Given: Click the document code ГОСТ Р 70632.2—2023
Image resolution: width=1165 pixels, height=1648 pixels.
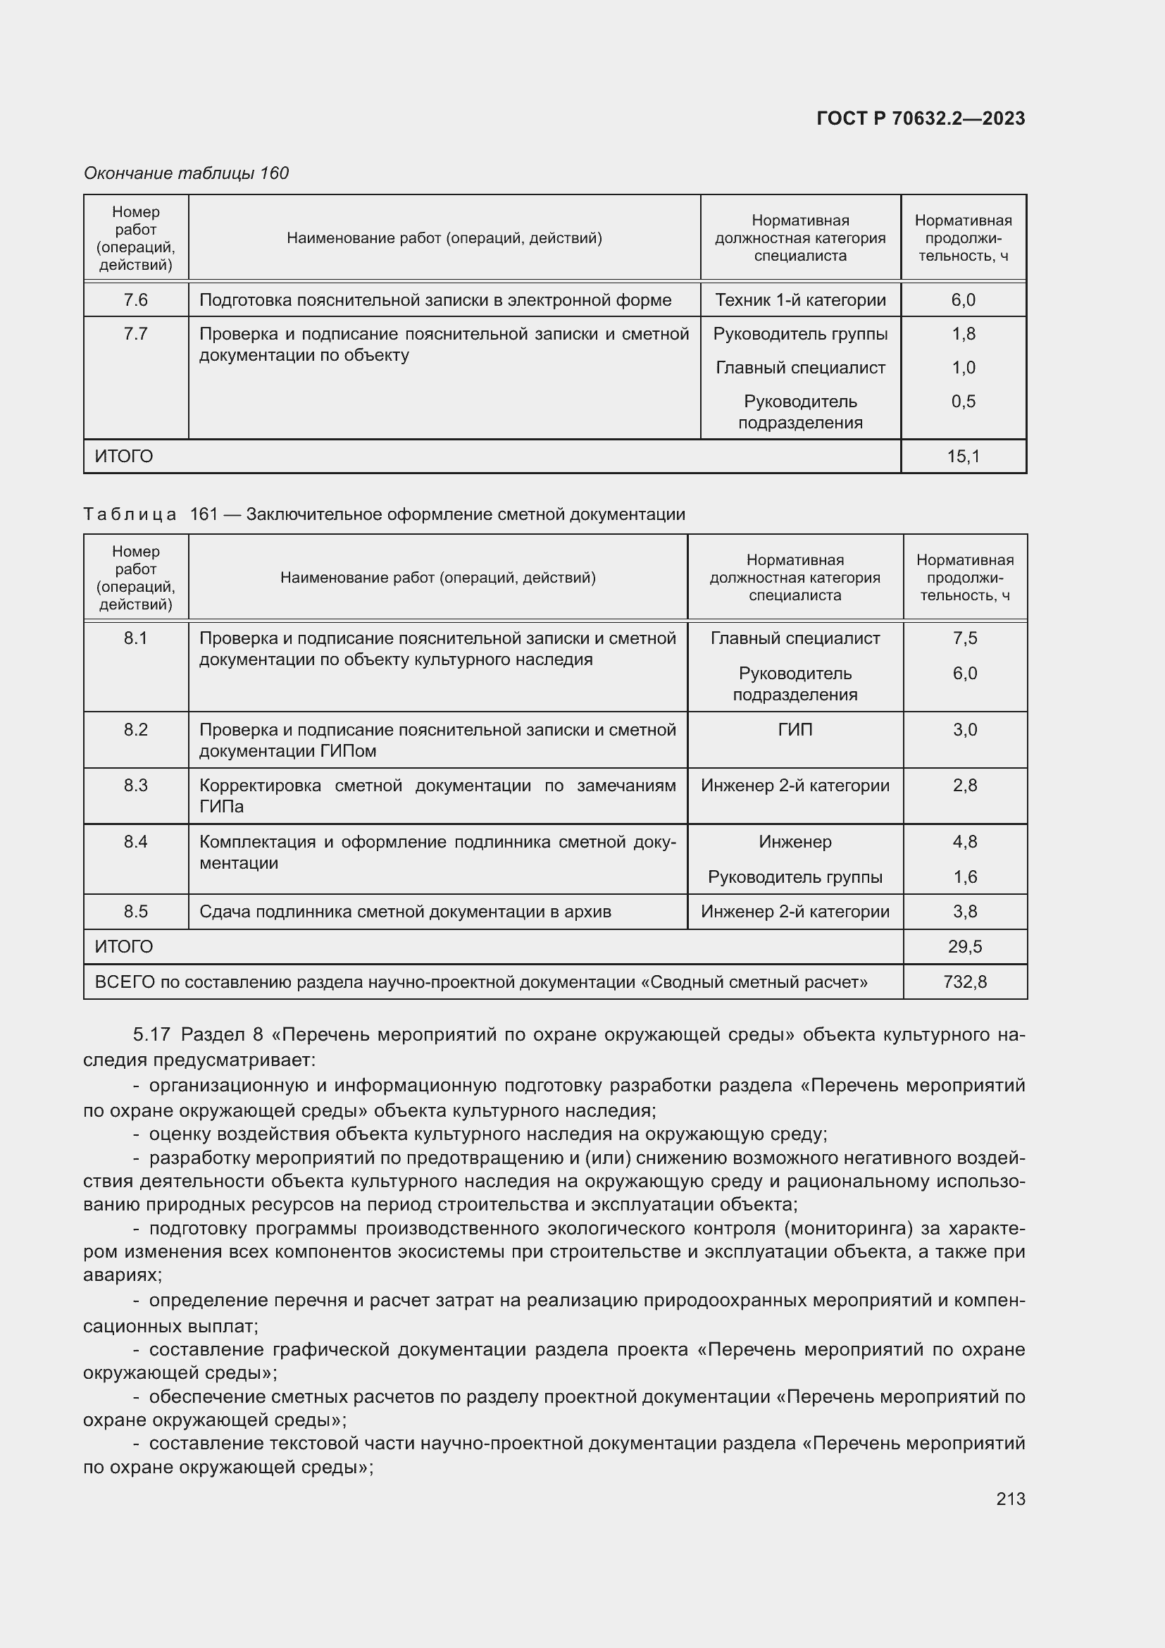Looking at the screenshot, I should [x=921, y=118].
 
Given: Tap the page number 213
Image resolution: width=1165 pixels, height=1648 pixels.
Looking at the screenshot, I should [x=1010, y=1499].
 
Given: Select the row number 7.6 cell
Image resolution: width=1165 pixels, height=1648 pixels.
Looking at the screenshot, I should [x=135, y=300].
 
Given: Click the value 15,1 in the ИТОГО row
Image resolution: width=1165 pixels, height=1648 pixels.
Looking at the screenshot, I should [x=963, y=457].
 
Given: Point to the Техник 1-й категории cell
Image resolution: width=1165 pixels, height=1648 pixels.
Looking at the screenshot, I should [x=800, y=300].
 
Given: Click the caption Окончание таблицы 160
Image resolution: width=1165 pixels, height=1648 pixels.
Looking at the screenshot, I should [x=187, y=173].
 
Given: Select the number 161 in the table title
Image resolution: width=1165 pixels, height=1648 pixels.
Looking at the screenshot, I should [x=204, y=514].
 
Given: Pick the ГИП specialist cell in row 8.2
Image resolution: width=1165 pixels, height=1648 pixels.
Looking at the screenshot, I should [x=795, y=730].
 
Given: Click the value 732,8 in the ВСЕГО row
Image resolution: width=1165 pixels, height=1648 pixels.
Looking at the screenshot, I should [x=964, y=982].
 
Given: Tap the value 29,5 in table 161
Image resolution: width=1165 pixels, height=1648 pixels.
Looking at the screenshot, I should [x=964, y=947].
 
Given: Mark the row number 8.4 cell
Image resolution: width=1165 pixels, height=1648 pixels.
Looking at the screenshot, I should [x=135, y=842].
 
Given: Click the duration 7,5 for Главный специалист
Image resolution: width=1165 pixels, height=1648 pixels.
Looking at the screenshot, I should [x=964, y=638].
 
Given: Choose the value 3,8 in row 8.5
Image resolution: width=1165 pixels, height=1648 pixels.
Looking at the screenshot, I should [x=964, y=912].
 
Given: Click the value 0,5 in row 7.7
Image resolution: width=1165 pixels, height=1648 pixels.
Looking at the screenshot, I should [x=963, y=401].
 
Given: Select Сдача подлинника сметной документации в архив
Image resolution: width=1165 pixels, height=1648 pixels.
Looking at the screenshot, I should [x=405, y=912].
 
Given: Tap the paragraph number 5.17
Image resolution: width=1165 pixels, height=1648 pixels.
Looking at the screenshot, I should [x=151, y=1034].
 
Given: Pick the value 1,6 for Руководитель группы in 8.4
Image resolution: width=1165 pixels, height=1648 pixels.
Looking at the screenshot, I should [x=964, y=877].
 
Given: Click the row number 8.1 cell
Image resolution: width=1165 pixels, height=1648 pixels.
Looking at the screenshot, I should [x=135, y=638].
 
